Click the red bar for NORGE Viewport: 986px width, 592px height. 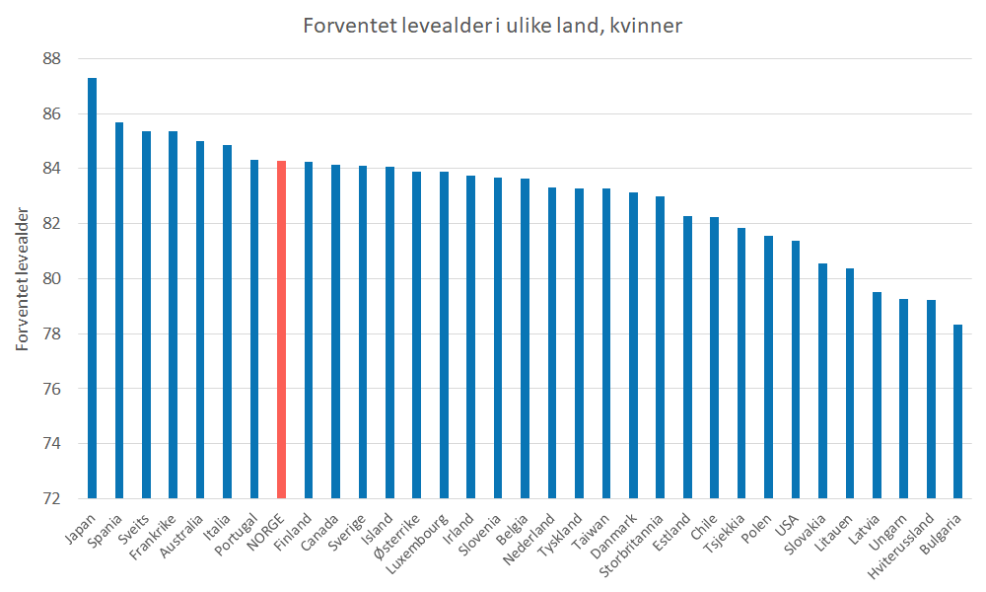coord(281,330)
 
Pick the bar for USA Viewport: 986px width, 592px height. coord(795,369)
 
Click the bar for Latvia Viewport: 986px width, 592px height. coord(876,395)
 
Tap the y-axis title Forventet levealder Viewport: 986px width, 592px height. coord(22,279)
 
